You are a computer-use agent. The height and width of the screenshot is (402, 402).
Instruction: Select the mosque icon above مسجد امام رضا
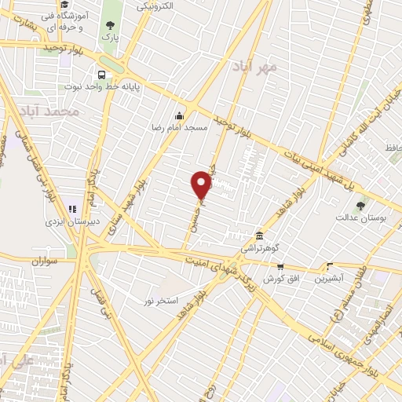point(181,114)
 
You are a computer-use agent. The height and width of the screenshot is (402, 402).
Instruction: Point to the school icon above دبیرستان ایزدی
point(72,210)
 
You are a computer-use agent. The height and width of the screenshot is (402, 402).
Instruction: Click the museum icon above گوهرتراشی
point(259,236)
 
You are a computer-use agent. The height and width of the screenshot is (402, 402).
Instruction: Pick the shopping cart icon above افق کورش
point(279,267)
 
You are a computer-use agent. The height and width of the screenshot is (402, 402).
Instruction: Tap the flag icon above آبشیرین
point(330,266)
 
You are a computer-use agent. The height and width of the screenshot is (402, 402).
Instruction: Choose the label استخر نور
point(161,301)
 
